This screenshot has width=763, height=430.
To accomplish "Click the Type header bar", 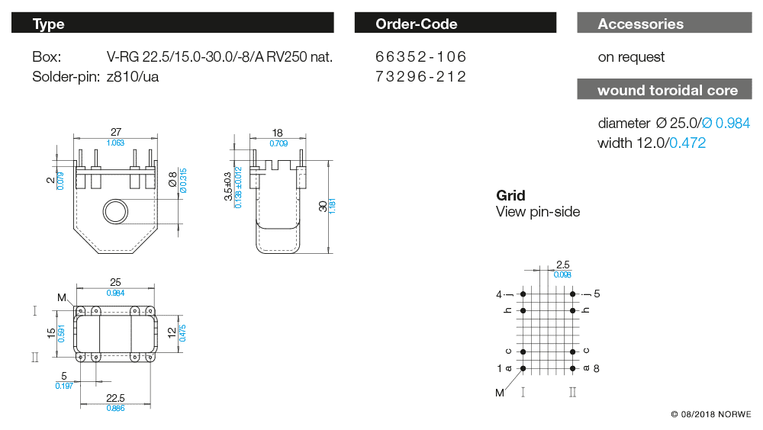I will click(172, 24).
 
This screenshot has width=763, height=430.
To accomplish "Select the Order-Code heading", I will click(455, 24).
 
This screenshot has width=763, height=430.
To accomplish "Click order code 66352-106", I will click(420, 57).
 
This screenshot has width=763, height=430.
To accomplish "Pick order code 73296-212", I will click(420, 76).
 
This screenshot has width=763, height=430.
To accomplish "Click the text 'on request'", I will click(631, 57).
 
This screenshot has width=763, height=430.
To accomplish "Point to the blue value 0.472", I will click(687, 143).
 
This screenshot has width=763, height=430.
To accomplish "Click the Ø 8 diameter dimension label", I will click(172, 180).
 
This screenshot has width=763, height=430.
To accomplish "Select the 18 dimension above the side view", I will click(278, 132).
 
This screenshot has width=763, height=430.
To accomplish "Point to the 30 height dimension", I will click(324, 206).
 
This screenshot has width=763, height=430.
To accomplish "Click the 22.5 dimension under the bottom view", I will click(116, 398).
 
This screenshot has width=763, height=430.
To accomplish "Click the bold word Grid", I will click(510, 195).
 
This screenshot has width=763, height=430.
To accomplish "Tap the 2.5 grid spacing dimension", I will click(562, 265).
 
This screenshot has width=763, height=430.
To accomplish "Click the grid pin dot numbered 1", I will click(523, 368).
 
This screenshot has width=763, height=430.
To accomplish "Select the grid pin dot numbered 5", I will click(572, 294).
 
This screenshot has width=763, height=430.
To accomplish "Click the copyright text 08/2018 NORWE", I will click(710, 415).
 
